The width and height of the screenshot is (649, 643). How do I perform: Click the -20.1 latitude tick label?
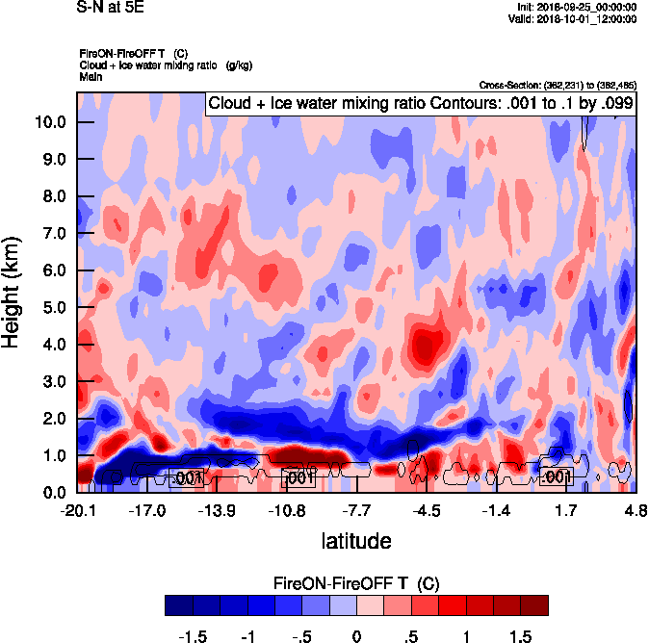77,509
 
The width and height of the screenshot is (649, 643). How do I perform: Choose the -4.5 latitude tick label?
428,509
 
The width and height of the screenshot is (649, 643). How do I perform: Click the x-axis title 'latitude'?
356,541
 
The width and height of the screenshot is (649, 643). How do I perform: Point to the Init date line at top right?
572,8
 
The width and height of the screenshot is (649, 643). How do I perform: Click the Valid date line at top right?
571,19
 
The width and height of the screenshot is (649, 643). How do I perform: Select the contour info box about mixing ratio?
421,104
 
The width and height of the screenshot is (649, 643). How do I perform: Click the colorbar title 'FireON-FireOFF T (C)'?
356,583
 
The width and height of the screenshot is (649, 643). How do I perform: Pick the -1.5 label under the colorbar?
194,637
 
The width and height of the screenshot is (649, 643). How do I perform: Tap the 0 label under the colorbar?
356,637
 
